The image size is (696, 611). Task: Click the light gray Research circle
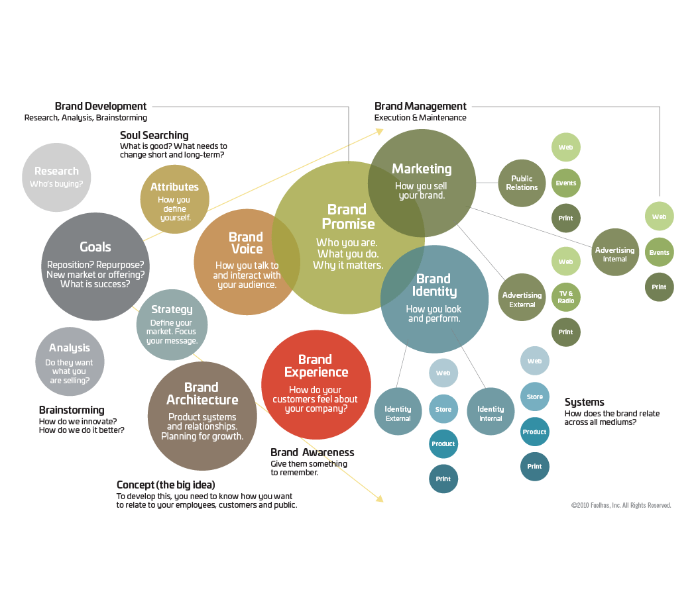tap(56, 177)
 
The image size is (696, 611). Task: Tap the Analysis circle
tap(70, 361)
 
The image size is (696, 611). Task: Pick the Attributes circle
tap(174, 199)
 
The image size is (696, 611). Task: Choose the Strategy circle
tap(172, 324)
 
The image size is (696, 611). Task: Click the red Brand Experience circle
tap(316, 385)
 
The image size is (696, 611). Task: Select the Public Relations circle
tap(522, 183)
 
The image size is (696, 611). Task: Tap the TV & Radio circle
tap(565, 297)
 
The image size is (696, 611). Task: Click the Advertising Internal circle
tap(614, 252)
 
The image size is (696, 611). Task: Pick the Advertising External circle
tap(522, 298)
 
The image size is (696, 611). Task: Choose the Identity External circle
tap(398, 412)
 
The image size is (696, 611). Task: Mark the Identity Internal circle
tap(491, 412)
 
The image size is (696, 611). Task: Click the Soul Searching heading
tap(154, 136)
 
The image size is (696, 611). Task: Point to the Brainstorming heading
tap(72, 410)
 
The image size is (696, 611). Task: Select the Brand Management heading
tap(420, 106)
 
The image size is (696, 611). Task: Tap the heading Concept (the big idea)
tap(166, 485)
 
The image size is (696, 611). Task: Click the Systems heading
tap(584, 402)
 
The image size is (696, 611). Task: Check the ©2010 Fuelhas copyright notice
tap(621, 505)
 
